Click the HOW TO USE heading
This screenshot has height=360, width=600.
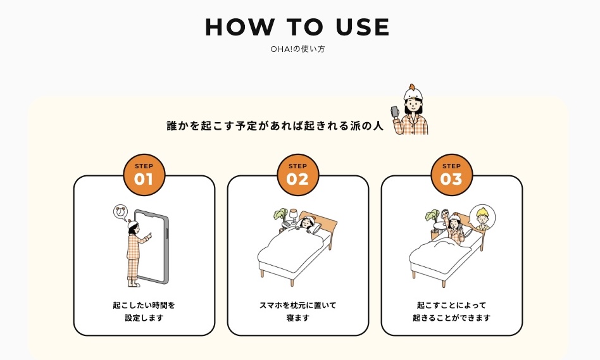pyautogui.click(x=297, y=27)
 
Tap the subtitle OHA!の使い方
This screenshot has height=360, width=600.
pyautogui.click(x=297, y=49)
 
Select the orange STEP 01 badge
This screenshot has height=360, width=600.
pyautogui.click(x=144, y=175)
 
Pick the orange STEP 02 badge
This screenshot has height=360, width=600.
pyautogui.click(x=297, y=175)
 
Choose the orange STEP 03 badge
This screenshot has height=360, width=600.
pyautogui.click(x=451, y=175)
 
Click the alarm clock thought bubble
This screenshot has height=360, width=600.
pyautogui.click(x=120, y=213)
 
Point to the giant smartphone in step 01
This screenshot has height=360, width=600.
pyautogui.click(x=153, y=247)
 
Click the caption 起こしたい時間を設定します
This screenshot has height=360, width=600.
pyautogui.click(x=144, y=311)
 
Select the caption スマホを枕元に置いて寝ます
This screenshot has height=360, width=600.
pyautogui.click(x=297, y=311)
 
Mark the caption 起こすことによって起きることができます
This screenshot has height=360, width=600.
pyautogui.click(x=451, y=311)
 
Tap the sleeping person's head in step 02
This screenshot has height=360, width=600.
pyautogui.click(x=307, y=221)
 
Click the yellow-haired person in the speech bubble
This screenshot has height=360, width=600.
pyautogui.click(x=482, y=218)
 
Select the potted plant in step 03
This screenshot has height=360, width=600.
pyautogui.click(x=433, y=223)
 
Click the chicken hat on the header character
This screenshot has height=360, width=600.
pyautogui.click(x=413, y=92)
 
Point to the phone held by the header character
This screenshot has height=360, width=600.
pyautogui.click(x=395, y=113)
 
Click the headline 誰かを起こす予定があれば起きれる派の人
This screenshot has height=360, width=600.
pyautogui.click(x=275, y=126)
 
